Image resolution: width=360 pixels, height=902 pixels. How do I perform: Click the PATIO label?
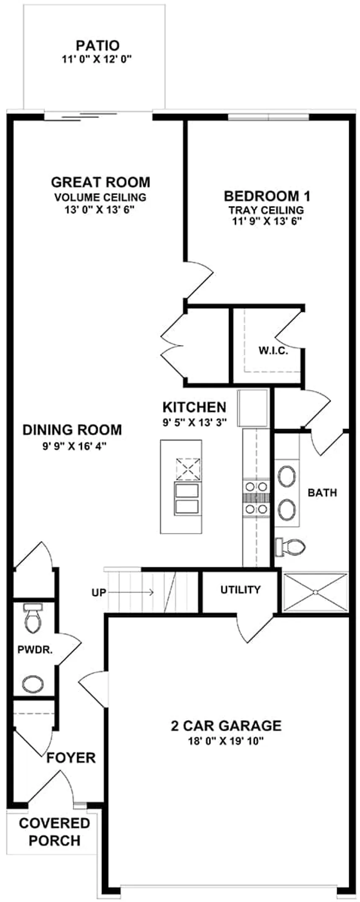[98, 45]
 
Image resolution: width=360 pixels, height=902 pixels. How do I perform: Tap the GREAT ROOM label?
[100, 182]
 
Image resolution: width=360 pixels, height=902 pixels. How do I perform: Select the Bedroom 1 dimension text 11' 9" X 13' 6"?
[267, 222]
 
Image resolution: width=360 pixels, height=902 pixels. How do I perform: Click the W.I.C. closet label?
[273, 351]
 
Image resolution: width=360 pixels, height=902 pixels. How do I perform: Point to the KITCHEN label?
[194, 407]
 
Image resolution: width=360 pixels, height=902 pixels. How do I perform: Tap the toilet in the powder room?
[33, 618]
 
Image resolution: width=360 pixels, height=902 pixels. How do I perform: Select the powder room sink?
[33, 684]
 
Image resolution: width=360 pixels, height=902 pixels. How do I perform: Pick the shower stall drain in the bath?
[315, 592]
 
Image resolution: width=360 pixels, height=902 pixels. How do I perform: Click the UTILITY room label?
[240, 590]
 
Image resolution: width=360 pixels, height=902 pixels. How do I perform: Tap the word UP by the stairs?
[99, 593]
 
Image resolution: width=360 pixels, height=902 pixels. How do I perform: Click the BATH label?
[322, 492]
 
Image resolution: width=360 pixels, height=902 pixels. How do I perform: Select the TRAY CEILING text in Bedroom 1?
[266, 210]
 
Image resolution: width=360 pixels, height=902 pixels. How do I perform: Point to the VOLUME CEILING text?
[100, 197]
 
